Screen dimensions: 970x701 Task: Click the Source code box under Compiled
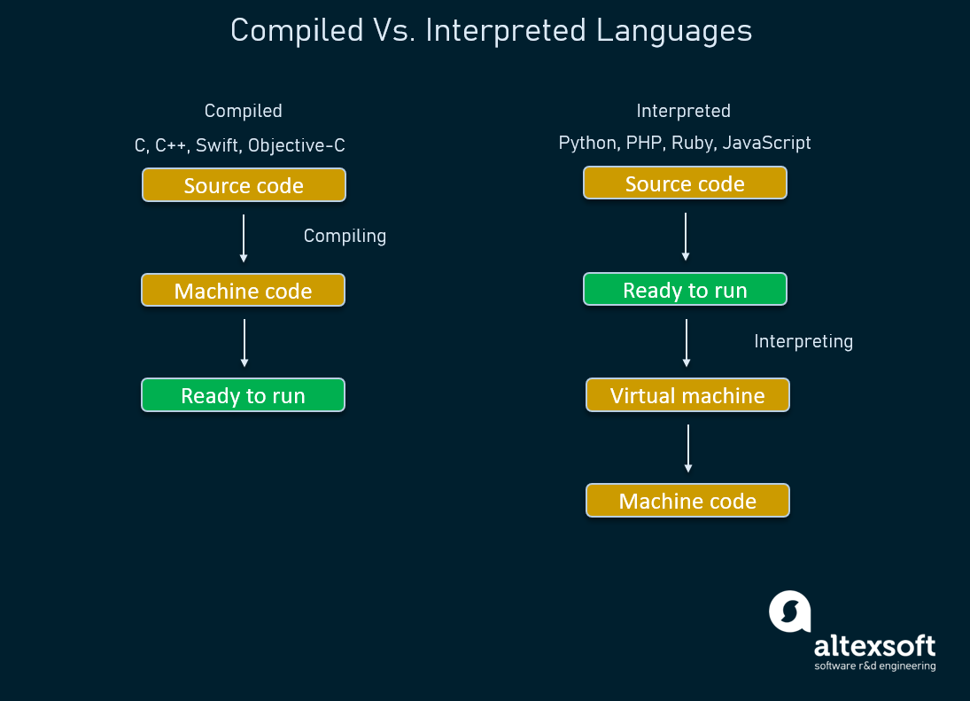[244, 185]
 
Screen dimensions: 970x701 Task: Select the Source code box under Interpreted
[685, 183]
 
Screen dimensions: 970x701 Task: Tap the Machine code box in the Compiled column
[243, 291]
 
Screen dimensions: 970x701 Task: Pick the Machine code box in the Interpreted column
[687, 501]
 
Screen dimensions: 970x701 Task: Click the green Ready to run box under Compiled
[243, 395]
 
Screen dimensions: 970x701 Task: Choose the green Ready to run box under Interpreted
[685, 290]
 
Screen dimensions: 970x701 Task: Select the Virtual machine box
[687, 395]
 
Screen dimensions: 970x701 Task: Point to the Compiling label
[345, 236]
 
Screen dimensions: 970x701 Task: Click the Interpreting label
[803, 341]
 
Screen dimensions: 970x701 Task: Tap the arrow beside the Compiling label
[244, 238]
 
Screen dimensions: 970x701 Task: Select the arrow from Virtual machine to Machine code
[688, 448]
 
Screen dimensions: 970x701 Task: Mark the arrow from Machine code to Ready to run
[244, 343]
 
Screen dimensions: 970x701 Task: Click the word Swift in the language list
[217, 145]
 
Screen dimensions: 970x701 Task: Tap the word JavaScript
[766, 143]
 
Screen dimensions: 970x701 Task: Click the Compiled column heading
[243, 111]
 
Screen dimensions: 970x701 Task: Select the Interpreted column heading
[683, 111]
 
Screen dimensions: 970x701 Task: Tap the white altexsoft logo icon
[790, 611]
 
